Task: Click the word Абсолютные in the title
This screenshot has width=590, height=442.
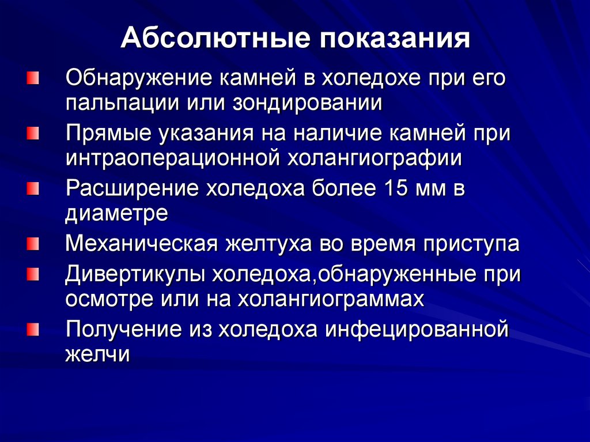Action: coord(211,39)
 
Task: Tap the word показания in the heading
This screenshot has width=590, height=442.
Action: coord(391,39)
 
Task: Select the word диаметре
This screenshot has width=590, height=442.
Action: coord(117,213)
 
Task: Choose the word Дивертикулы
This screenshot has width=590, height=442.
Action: coord(136,274)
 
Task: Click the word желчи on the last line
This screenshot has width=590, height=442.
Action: coord(97,354)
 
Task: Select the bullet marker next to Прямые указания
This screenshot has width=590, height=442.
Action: coord(33,133)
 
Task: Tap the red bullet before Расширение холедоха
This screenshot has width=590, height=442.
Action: coord(33,188)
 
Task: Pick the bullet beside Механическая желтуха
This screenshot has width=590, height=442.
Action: coord(33,244)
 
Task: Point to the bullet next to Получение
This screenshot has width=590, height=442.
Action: coord(33,330)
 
